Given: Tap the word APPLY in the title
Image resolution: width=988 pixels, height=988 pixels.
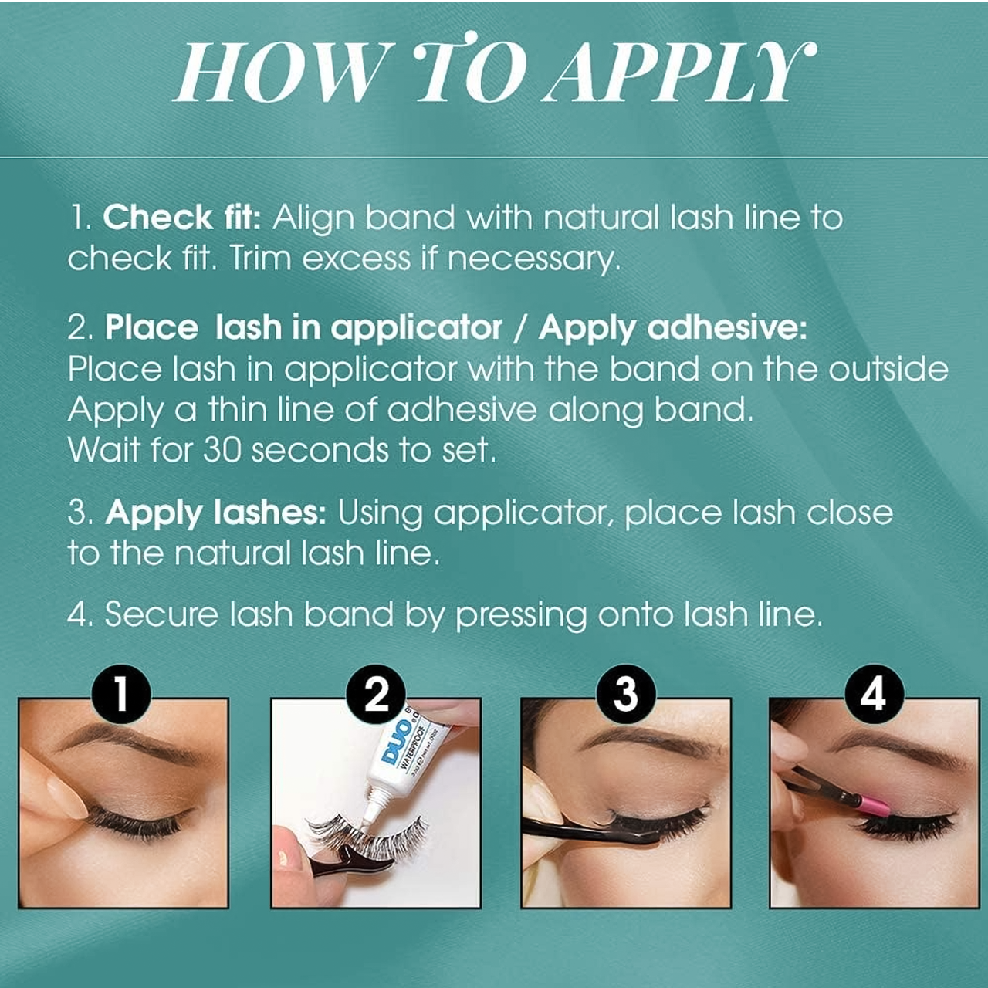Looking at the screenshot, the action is click(x=679, y=73).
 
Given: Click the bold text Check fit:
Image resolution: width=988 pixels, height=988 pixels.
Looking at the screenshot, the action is click(x=182, y=218).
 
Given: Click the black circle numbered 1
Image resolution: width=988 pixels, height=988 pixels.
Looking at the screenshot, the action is click(x=121, y=694).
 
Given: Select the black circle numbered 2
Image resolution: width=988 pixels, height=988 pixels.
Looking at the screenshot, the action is click(x=376, y=694).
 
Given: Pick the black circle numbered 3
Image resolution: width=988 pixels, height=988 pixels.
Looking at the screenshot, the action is click(x=626, y=694).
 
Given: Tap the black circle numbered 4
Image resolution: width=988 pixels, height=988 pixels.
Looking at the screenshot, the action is click(x=875, y=694).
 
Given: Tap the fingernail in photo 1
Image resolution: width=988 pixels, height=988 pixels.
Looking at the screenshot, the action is click(x=59, y=792).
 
